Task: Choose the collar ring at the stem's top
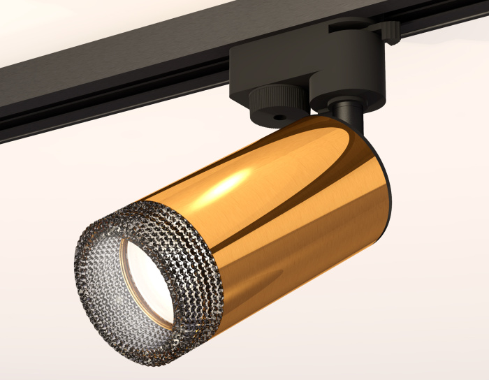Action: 345,104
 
